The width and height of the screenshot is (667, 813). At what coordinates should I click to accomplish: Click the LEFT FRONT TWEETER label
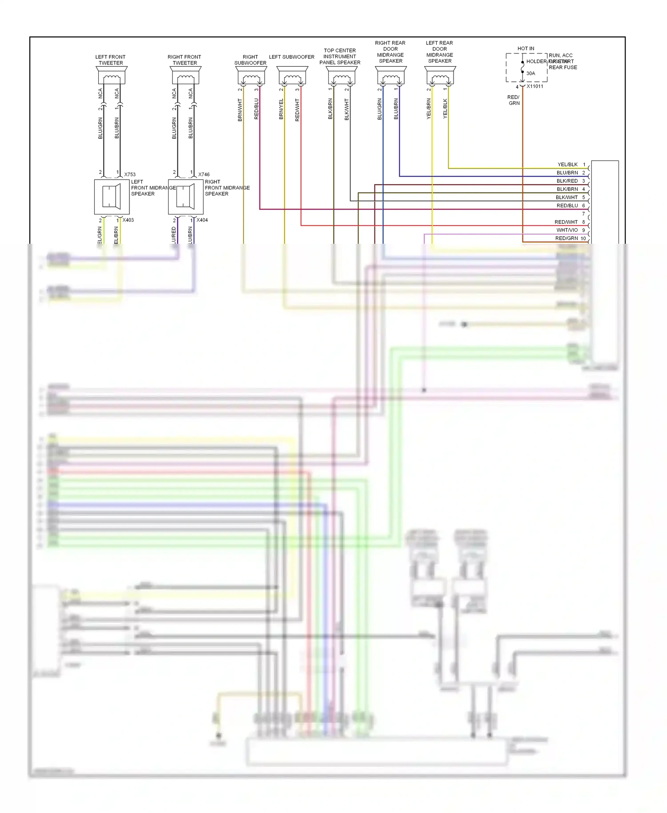pos(110,60)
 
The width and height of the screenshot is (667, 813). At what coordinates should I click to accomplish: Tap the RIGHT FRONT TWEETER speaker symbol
pos(185,76)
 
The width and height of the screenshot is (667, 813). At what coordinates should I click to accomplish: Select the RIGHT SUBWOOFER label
pos(250,60)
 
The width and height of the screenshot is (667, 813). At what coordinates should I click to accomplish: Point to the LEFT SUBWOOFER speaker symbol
pos(293,76)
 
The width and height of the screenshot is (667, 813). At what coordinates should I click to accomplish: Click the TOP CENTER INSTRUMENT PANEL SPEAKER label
pos(340,56)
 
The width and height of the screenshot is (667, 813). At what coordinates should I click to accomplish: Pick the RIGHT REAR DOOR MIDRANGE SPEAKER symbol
pos(391,76)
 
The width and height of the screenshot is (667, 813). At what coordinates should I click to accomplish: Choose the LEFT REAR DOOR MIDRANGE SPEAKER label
pos(439,52)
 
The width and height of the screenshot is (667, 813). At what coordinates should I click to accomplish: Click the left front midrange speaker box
pos(112,197)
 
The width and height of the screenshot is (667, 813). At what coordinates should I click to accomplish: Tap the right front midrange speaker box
pos(185,197)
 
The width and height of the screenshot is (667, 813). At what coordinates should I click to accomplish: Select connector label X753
pos(130,174)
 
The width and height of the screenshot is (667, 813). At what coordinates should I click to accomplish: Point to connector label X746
pos(204,174)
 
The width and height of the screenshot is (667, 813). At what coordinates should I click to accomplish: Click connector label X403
pos(128,220)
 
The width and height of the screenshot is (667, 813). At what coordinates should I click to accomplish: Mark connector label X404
pos(202,220)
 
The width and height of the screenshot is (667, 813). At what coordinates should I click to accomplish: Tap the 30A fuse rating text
pos(531,73)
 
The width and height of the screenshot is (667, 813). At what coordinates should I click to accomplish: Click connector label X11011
pos(535,86)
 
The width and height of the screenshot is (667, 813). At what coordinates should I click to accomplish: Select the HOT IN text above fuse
pos(526,48)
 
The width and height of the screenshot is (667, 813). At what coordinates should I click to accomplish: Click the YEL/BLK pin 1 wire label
pos(567,165)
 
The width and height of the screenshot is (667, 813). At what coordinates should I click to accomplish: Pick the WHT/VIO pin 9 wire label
pos(567,230)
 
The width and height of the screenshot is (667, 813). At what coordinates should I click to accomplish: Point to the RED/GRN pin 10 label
pos(567,238)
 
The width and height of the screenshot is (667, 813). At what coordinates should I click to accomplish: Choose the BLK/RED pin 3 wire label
pos(567,181)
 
